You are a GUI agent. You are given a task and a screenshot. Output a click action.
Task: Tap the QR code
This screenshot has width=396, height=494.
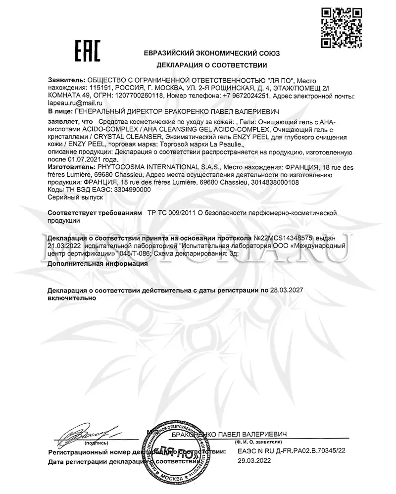pyautogui.click(x=340, y=29)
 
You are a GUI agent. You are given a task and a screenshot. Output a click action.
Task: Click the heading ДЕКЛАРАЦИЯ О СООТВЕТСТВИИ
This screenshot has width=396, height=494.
pyautogui.click(x=212, y=65)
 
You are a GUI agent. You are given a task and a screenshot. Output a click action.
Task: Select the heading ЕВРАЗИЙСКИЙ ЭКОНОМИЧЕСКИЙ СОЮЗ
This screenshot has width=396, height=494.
pyautogui.click(x=212, y=53)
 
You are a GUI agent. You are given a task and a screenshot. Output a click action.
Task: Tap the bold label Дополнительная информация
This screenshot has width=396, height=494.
pyautogui.click(x=98, y=264)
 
